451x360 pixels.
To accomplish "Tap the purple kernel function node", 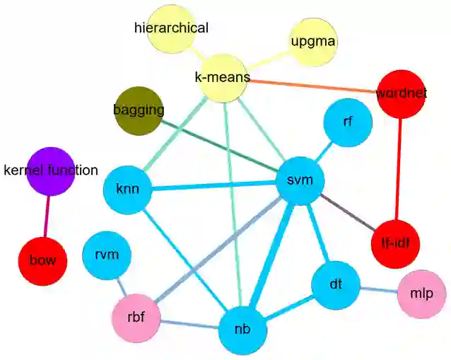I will point(50,170).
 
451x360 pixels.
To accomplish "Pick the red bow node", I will point(42,260).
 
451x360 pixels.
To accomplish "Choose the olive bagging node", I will point(139,110).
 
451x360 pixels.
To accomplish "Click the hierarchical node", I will point(171,29).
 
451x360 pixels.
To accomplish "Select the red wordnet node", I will point(402,93).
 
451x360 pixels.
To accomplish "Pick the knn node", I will point(127,190).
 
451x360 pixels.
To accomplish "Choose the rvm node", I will point(107,255).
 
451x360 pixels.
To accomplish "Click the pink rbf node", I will point(136,315).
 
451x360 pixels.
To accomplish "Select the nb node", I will point(242,329).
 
